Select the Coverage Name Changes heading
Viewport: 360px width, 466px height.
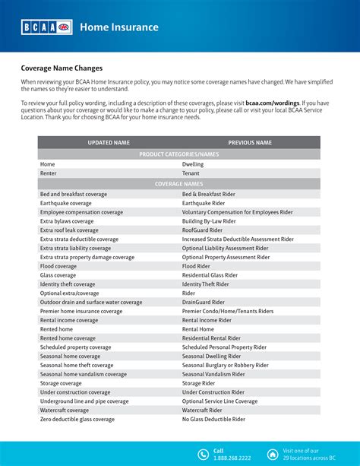pos(62,67)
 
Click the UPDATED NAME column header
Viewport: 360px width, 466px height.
pos(109,142)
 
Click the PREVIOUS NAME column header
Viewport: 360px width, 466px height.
pos(251,142)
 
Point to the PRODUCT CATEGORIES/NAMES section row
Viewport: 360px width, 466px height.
pos(179,154)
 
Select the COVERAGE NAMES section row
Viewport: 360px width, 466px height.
pos(179,183)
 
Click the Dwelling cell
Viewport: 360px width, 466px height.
pos(193,163)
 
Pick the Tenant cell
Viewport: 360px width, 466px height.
pos(191,173)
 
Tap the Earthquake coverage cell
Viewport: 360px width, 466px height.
pos(70,204)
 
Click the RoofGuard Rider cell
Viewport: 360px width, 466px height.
pos(205,230)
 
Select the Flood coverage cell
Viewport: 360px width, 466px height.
pos(58,266)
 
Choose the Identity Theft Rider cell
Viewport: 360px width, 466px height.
pos(205,284)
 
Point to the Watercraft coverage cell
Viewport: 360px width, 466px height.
pos(68,410)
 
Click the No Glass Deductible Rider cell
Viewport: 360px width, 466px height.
pos(213,419)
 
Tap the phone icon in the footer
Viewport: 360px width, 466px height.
pos(203,454)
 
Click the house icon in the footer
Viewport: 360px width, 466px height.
pos(273,454)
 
